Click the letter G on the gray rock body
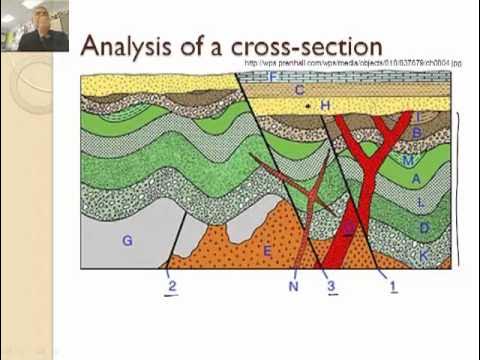[x=127, y=240]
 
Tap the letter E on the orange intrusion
[x=267, y=251]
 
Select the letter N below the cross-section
[x=293, y=287]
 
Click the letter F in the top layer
[x=272, y=76]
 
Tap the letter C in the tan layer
[x=299, y=90]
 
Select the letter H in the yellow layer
[x=326, y=105]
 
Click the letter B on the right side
[x=416, y=132]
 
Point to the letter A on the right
[x=416, y=178]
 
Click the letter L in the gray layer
[x=421, y=203]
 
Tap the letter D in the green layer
[x=424, y=228]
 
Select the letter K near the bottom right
[x=424, y=255]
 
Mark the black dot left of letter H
[x=308, y=105]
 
